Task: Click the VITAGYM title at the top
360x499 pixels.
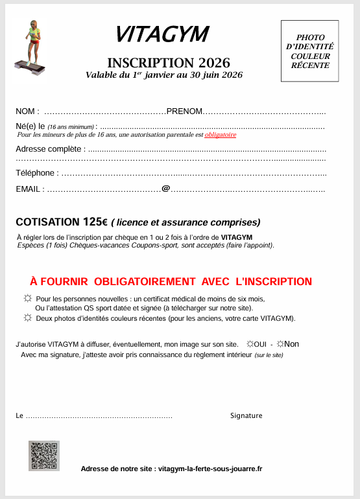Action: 162,35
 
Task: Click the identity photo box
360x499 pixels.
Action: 309,51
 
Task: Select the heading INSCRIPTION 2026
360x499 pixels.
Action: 169,63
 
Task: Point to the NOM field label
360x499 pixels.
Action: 27,111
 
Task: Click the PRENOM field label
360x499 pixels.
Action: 185,111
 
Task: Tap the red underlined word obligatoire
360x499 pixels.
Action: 221,135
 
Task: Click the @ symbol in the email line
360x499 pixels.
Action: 166,189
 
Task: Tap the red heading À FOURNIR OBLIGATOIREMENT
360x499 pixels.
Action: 171,281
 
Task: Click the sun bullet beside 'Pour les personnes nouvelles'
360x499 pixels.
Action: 27,298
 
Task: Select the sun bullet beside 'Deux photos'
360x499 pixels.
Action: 27,318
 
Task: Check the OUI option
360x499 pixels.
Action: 251,343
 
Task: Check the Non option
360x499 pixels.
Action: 281,343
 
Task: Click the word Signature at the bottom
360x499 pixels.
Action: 246,415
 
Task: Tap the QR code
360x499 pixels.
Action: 43,456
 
